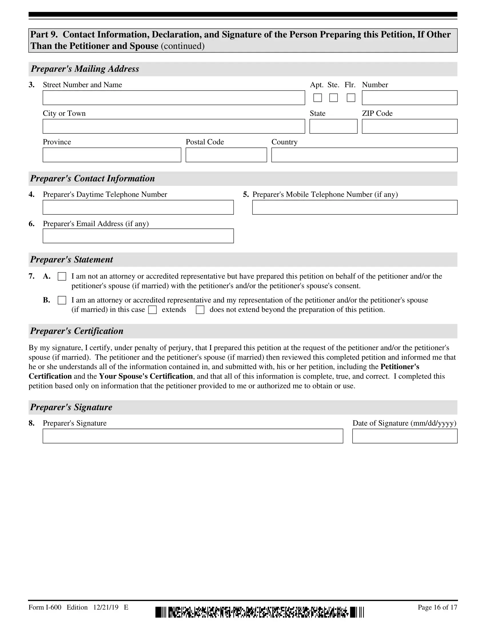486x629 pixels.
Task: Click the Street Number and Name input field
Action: coord(174,97)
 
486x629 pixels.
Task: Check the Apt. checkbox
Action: coord(317,98)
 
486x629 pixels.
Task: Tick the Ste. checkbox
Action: coord(333,98)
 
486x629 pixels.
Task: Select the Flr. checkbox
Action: coord(351,98)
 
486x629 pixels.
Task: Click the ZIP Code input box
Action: coord(409,126)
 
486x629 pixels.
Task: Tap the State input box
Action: coord(333,126)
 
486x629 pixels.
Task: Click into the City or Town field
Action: coord(174,126)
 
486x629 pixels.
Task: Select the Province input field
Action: coord(112,155)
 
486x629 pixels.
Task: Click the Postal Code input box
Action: coord(226,155)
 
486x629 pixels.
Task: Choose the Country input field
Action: coord(364,155)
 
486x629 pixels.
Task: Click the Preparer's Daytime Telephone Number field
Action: coord(138,207)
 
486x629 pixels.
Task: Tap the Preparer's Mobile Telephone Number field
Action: coord(354,207)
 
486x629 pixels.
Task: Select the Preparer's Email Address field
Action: coord(138,236)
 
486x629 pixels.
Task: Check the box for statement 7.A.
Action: coord(62,276)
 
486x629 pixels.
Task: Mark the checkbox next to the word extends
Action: coord(152,310)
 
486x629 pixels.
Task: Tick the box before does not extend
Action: coord(200,310)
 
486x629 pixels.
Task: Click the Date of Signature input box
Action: coord(405,436)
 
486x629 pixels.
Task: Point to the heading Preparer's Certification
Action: coord(77,331)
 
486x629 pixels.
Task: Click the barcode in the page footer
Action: coord(259,612)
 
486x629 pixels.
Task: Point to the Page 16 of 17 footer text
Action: coord(437,607)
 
